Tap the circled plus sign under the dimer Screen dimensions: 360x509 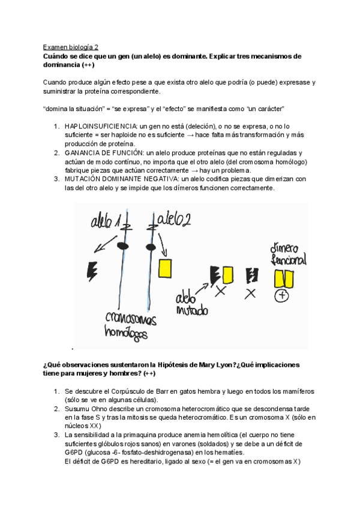coord(283,295)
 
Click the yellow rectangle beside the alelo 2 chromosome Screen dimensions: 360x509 coord(165,267)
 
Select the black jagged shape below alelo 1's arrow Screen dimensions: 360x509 coord(92,271)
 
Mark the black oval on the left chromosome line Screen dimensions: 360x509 coord(122,246)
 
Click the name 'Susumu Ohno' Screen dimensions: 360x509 coord(88,408)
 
